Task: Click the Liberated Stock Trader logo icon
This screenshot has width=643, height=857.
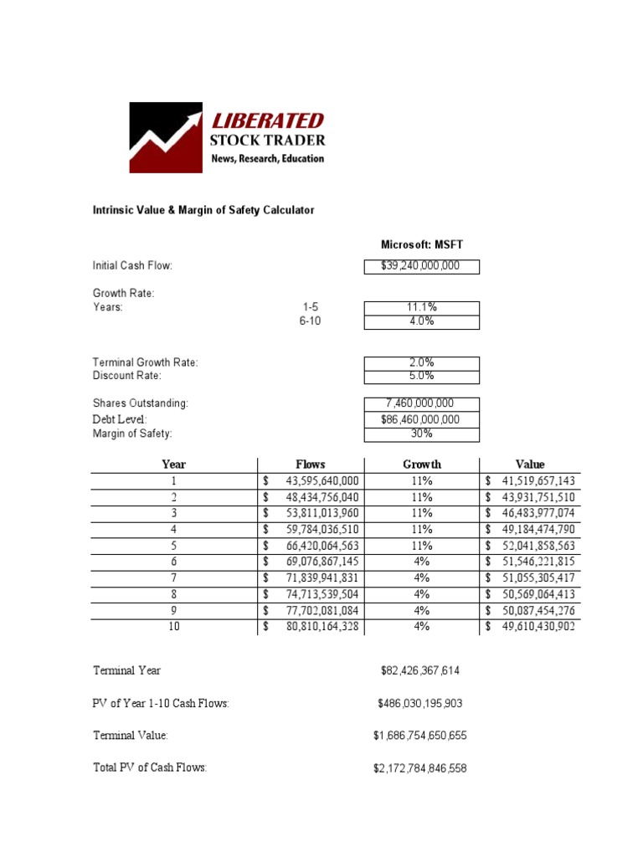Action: (x=165, y=137)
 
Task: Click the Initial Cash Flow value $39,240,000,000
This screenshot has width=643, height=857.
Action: (x=421, y=266)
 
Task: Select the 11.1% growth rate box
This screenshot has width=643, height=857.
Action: (x=421, y=307)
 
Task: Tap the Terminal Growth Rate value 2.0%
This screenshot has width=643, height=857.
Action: (x=421, y=363)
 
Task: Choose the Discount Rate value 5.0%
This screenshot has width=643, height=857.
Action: (x=421, y=377)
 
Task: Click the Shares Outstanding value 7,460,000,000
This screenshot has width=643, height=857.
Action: (x=421, y=403)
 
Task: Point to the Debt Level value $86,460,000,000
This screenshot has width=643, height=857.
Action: (x=421, y=419)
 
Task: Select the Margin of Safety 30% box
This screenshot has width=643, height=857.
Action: (x=421, y=434)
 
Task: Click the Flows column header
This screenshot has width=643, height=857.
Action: (x=311, y=464)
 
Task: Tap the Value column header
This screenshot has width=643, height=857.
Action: (x=530, y=464)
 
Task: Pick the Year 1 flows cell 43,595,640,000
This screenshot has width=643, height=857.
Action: (x=321, y=480)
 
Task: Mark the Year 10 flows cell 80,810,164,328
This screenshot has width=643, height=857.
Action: (x=321, y=626)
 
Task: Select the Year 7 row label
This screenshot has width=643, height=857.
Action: (x=174, y=577)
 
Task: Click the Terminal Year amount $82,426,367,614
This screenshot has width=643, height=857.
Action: (x=419, y=671)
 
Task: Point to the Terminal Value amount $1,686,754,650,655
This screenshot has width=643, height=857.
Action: (x=419, y=736)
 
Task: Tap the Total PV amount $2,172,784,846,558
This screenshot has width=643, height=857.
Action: (x=419, y=767)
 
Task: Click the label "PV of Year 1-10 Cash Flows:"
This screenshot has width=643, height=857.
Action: (x=161, y=704)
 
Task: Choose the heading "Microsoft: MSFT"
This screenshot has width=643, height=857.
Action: (x=422, y=244)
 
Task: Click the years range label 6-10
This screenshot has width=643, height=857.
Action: (x=310, y=321)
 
